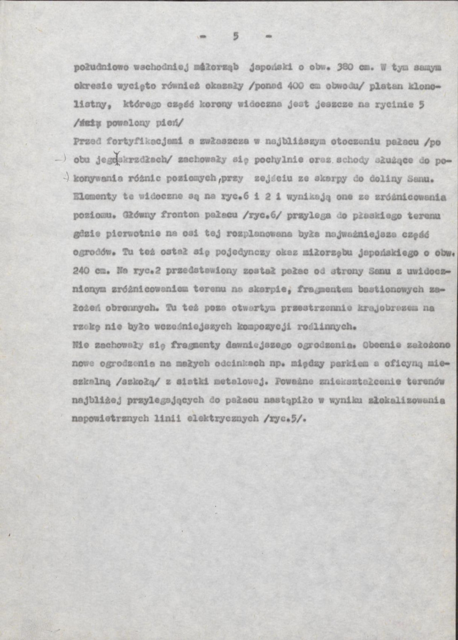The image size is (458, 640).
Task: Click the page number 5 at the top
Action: (x=236, y=36)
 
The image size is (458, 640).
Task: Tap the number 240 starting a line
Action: (x=81, y=270)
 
